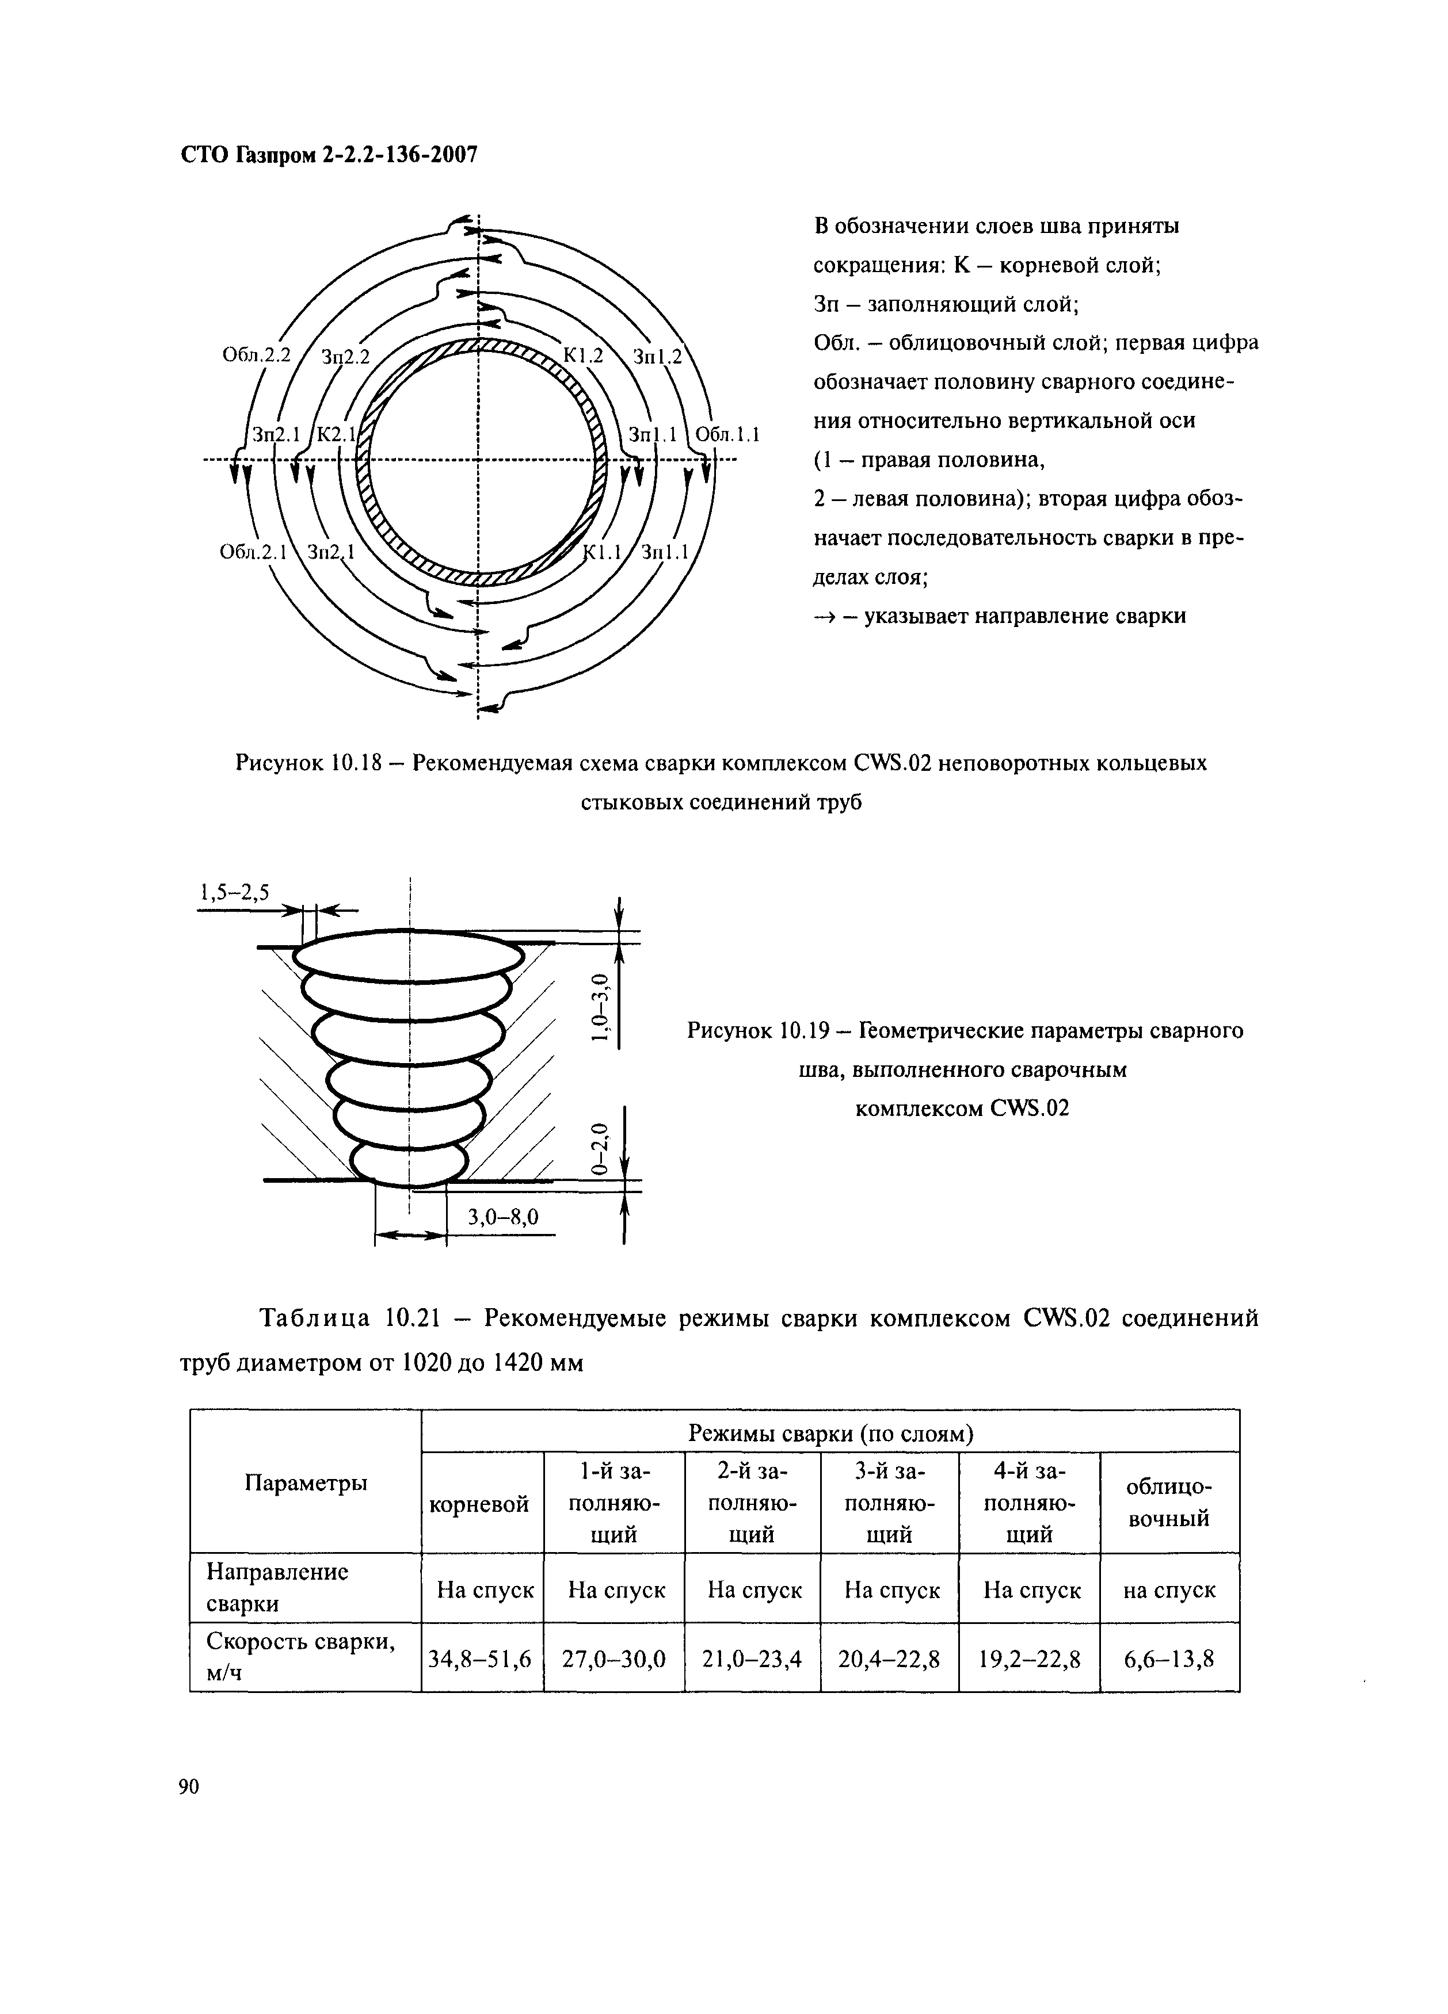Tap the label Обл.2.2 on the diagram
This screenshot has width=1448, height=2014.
pos(256,355)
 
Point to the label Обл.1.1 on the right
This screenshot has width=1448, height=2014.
pos(727,435)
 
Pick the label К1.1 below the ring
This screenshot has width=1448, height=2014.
pos(603,552)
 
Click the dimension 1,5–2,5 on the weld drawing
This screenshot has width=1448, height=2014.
pos(234,892)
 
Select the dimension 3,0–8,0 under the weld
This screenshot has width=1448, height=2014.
pos(503,1216)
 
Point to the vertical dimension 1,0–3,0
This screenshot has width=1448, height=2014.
pos(601,1008)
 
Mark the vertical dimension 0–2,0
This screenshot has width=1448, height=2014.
pos(601,1148)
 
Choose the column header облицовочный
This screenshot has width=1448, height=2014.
pos(1168,1503)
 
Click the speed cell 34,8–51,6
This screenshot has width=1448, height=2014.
pos(480,1658)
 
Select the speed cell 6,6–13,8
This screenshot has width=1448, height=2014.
pos(1168,1658)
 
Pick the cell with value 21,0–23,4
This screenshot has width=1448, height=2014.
pos(752,1658)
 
